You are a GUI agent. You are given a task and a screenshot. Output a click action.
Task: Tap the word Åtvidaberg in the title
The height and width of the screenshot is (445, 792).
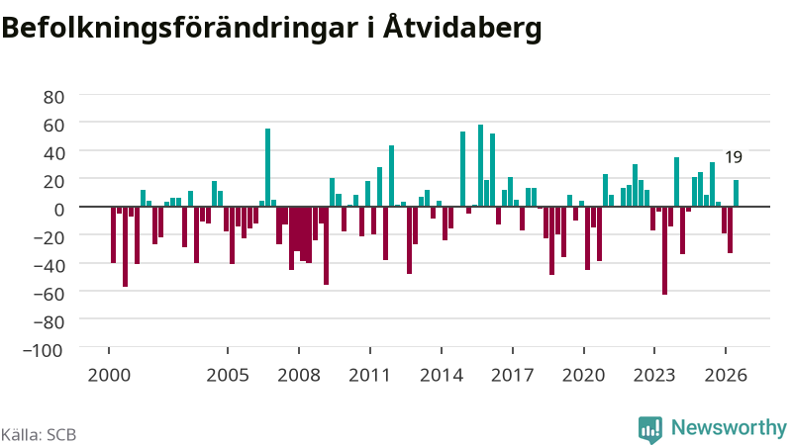(462, 27)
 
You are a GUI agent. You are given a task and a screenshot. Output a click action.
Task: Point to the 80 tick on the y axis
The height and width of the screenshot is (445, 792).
(53, 97)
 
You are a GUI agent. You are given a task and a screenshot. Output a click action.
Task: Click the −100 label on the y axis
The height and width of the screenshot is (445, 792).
(43, 350)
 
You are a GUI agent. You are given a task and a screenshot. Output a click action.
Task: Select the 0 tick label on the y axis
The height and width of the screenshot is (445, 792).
(59, 210)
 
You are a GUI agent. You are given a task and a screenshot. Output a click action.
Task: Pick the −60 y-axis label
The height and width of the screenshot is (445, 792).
(48, 294)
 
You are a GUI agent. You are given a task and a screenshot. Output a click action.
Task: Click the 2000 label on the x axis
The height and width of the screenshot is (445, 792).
(109, 375)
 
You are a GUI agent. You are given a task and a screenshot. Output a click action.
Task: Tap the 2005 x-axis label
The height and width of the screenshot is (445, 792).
(228, 375)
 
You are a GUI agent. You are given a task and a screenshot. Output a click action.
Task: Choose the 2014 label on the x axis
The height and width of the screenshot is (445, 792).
(442, 375)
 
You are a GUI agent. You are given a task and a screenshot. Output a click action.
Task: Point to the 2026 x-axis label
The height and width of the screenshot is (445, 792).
(726, 375)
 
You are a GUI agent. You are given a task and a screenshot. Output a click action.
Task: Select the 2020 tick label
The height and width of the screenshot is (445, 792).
(584, 375)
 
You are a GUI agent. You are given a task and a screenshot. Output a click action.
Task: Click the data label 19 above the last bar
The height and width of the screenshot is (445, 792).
(734, 157)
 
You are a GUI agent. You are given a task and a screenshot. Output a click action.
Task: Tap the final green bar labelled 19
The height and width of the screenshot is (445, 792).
(736, 193)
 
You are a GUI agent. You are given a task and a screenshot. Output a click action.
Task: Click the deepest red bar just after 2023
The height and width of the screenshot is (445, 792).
(664, 250)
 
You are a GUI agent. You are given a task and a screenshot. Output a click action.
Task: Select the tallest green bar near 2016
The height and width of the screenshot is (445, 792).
(480, 165)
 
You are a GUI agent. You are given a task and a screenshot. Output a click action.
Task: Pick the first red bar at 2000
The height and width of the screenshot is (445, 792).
(113, 234)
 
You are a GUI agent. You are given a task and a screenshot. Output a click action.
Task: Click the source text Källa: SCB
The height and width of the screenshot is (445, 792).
(39, 434)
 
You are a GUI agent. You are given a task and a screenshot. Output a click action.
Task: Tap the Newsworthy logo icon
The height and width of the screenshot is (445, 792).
(650, 429)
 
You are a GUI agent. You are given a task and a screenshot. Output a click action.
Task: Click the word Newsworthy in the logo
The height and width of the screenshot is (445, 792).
(729, 427)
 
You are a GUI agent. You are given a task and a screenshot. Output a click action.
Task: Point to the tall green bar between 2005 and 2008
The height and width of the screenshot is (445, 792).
(267, 167)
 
